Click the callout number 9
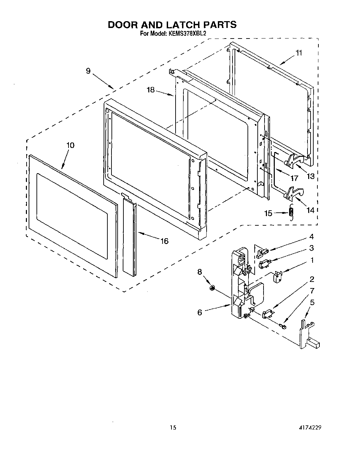point(88,71)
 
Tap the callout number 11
point(299,52)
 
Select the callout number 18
point(151,90)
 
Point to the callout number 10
point(70,145)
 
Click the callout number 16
point(164,241)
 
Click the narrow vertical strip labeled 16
point(130,235)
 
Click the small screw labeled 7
point(282,327)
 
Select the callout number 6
point(200,312)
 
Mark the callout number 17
point(294,178)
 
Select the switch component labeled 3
point(264,263)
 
